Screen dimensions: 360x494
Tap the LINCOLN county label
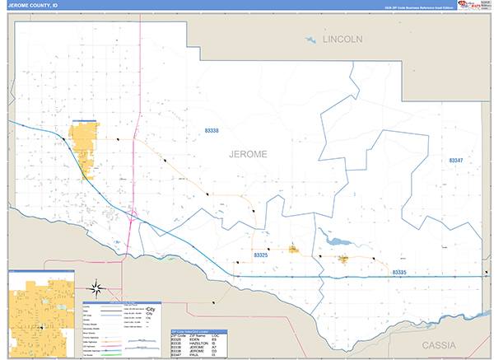pos(343,40)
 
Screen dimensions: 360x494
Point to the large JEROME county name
pos(248,153)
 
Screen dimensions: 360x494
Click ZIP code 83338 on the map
pos(212,131)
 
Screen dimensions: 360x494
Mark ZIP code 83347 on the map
pos(456,160)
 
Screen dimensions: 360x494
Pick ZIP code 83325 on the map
pos(261,255)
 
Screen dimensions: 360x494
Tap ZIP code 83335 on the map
pos(399,271)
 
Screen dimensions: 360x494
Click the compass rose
pos(96,288)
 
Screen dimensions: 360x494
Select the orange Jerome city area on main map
pos(84,149)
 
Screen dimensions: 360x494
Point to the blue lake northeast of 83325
pos(337,241)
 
